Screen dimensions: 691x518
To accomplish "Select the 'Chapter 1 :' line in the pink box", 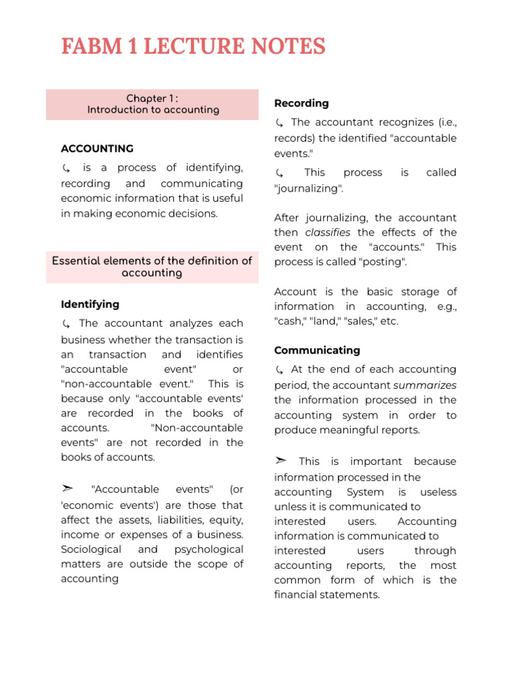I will click(152, 99).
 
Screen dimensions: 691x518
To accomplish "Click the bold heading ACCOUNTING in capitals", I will click(97, 148).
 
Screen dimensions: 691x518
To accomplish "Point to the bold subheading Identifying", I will click(90, 304).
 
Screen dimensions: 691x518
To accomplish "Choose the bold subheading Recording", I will click(301, 103).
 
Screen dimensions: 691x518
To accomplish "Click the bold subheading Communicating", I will click(317, 350).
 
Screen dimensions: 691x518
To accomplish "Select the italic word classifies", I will click(328, 233).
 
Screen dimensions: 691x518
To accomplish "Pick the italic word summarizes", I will click(425, 385).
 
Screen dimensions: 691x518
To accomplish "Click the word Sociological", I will click(91, 549).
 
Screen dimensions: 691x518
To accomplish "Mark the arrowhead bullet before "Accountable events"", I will click(66, 489).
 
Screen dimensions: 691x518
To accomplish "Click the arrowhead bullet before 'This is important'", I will click(280, 461).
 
